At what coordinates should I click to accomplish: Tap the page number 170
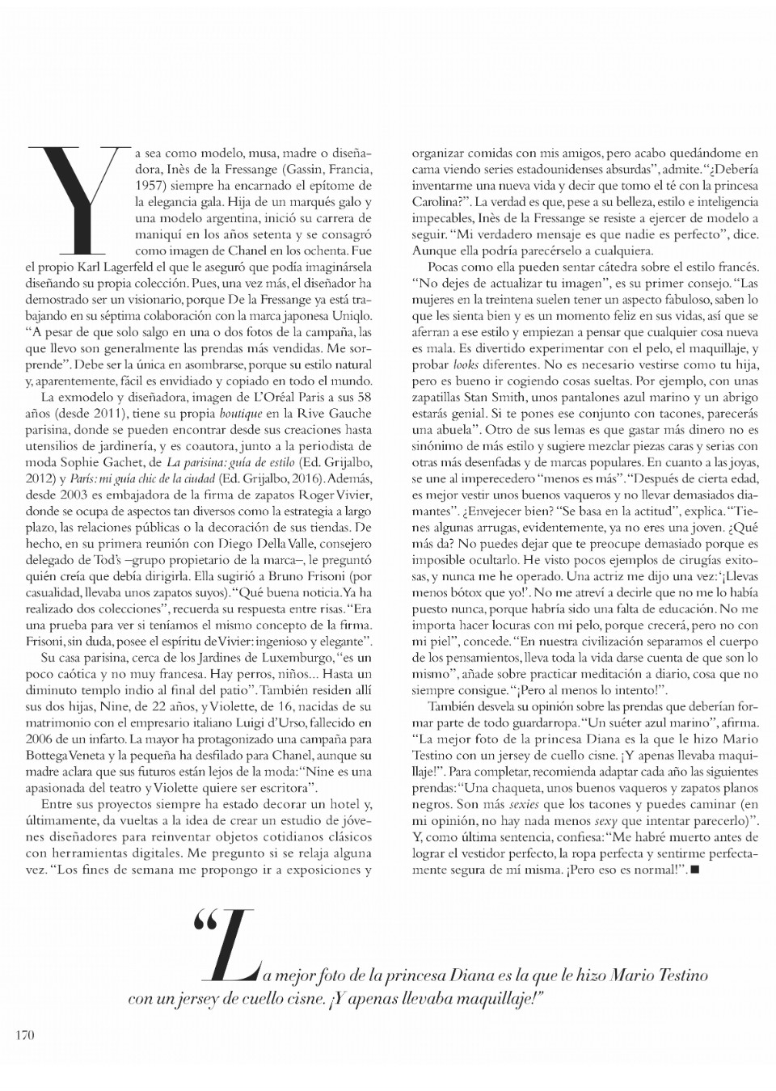[26, 1034]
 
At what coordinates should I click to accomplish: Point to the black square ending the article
[694, 869]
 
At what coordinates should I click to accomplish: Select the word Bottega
[48, 756]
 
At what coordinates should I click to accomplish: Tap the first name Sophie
[78, 462]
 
